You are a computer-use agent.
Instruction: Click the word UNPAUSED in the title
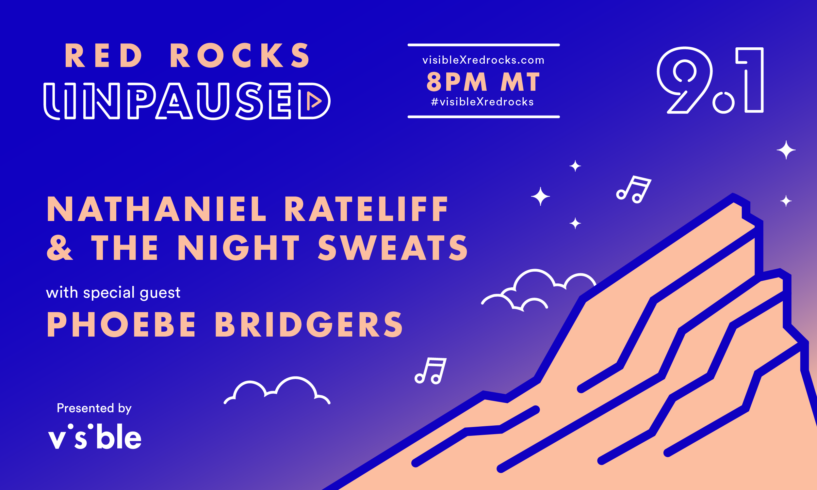click(187, 101)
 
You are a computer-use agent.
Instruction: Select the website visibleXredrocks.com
click(483, 60)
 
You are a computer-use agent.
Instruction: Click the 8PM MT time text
click(483, 82)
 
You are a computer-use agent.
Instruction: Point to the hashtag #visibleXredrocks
click(482, 102)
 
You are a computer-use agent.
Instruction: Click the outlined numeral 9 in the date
click(684, 80)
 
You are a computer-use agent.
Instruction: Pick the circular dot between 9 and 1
click(724, 103)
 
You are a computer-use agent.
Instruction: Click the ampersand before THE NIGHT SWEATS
click(59, 248)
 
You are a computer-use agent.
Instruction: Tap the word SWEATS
click(393, 248)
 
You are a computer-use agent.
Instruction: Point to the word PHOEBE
click(122, 324)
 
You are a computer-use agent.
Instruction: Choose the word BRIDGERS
click(309, 324)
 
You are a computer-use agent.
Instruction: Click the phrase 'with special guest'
click(113, 293)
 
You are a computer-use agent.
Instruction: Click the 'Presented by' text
click(94, 408)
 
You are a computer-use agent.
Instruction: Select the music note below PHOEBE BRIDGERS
click(431, 371)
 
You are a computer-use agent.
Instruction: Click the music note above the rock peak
click(634, 189)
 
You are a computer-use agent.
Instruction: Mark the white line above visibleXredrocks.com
click(484, 45)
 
